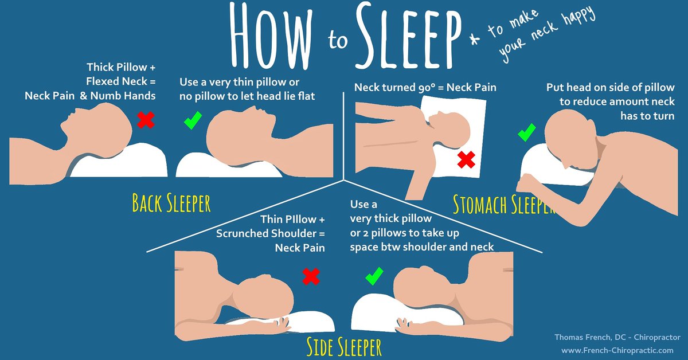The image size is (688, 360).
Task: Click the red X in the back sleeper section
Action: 146,120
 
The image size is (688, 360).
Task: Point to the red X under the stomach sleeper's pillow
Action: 466,160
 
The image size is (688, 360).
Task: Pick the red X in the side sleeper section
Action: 310,277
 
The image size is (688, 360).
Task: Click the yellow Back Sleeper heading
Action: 171,203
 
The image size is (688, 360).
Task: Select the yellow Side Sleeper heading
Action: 343,347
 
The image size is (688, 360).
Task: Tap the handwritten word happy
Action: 576,21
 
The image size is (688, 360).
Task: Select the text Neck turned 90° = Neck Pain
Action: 425,88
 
